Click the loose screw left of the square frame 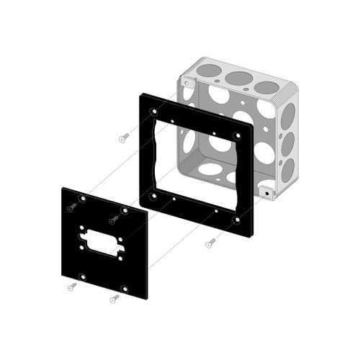(124, 137)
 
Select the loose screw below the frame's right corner (210, 243)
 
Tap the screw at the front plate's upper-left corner (72, 207)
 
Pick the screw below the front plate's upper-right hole (114, 220)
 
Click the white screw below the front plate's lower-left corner (72, 287)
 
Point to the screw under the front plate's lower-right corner (114, 298)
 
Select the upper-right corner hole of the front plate (124, 210)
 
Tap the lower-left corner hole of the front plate (83, 276)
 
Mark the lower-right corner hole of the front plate (125, 289)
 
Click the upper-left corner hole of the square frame (153, 112)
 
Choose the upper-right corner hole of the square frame (238, 135)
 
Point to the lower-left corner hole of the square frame (153, 194)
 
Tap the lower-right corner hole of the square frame (238, 218)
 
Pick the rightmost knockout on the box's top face (266, 86)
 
